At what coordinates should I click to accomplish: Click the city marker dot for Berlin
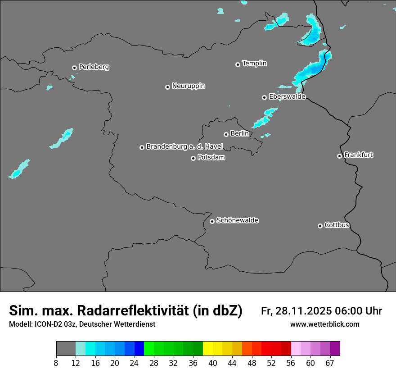226,134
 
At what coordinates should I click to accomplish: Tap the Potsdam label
211,158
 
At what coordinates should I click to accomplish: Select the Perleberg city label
94,67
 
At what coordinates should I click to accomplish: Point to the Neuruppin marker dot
167,87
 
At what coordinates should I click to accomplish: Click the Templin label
254,64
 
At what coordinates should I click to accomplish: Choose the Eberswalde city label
287,97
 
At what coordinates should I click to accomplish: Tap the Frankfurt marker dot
339,156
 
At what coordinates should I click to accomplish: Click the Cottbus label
337,225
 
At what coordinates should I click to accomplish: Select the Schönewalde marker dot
212,221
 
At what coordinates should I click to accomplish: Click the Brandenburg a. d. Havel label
184,147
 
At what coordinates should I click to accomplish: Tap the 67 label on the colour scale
330,362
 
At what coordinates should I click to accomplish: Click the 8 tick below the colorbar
56,362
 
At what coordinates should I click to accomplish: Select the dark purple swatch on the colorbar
335,349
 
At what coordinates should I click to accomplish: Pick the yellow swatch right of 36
208,349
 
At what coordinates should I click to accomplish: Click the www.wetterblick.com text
324,324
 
